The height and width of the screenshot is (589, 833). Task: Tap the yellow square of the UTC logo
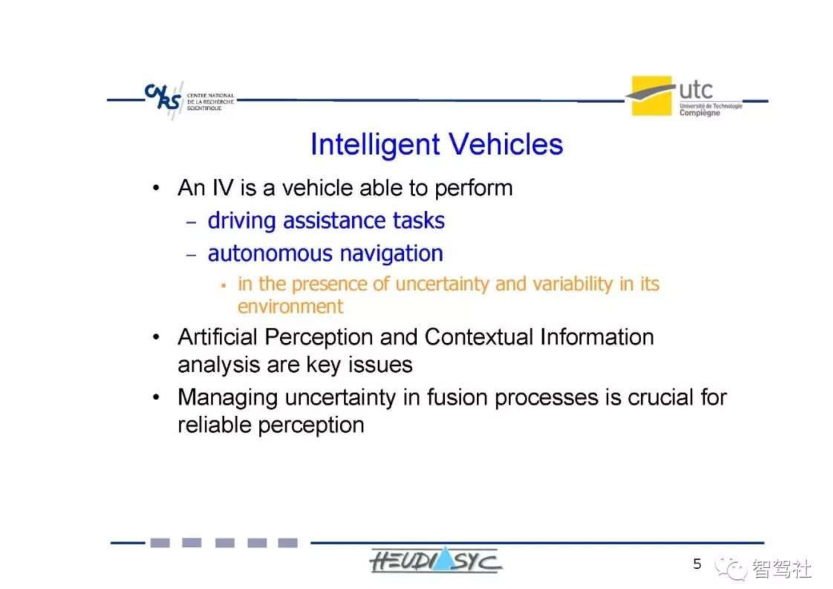coord(651,96)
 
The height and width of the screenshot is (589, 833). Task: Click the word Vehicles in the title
coord(506,144)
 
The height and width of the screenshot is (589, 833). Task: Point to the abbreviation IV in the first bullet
coord(223,188)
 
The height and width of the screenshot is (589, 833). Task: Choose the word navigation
coord(391,254)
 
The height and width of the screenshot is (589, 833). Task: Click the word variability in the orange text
coord(573,284)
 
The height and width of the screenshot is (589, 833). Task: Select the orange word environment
coord(290,307)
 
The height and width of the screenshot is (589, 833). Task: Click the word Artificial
coord(217,337)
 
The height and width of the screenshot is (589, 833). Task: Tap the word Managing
coord(227,398)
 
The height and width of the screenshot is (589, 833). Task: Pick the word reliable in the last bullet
coord(214,425)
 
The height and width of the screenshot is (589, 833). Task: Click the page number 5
coord(697,563)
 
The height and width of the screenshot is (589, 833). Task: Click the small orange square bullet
coord(223,286)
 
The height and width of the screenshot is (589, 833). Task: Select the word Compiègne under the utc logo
coord(699,113)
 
